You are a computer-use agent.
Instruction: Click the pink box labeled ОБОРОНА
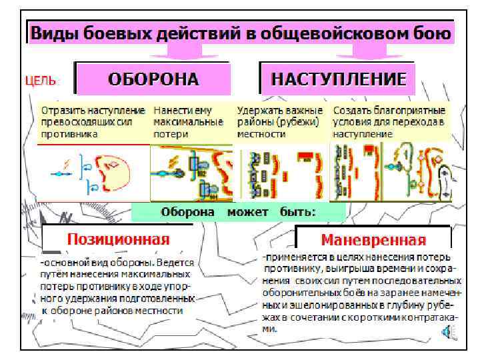(x=153, y=79)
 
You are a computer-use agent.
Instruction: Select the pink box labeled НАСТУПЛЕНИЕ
(x=338, y=79)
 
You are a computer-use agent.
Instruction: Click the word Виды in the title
(x=57, y=33)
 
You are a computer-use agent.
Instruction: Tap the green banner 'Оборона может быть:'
(x=238, y=211)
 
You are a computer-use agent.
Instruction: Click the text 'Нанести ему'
(x=180, y=110)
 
